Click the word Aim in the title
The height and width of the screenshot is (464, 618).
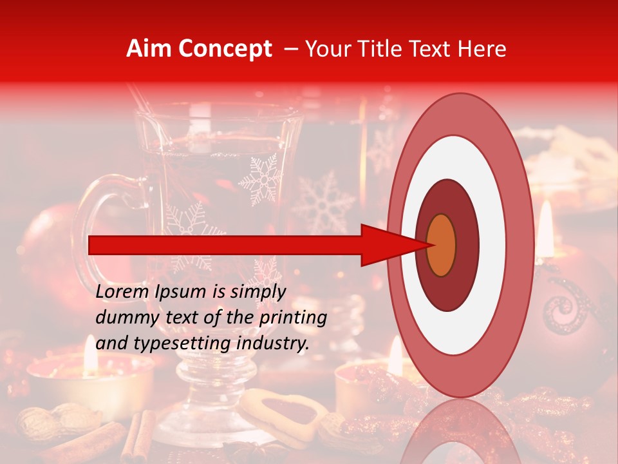point(149,49)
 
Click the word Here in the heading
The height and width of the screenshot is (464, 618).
point(482,49)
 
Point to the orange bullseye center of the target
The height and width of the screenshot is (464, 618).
point(442,246)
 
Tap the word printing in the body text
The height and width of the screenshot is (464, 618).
point(292,318)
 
